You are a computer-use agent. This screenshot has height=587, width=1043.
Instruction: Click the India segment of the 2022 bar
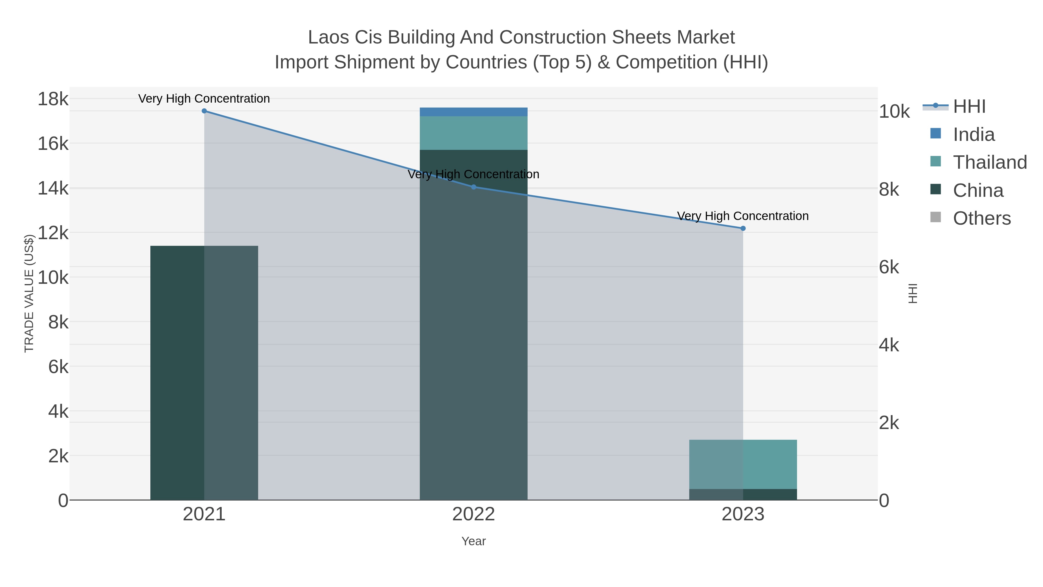tap(473, 112)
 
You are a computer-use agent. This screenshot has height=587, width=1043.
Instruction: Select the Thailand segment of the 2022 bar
tap(473, 133)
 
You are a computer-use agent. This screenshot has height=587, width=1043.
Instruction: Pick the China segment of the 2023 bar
tap(743, 495)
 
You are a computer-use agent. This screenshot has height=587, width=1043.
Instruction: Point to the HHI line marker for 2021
tap(204, 111)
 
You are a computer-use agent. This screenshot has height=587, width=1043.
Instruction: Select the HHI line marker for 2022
tap(473, 187)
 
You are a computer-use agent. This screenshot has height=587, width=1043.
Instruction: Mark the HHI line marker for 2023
tap(743, 228)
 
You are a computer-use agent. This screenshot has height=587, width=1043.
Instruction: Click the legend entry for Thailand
tap(990, 162)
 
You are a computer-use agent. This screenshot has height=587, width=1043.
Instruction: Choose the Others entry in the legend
tap(982, 218)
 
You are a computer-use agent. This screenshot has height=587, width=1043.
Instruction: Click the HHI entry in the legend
tap(969, 107)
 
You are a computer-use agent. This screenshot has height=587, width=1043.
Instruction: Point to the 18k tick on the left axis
tap(53, 99)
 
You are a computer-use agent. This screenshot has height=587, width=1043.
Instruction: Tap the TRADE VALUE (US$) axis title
tap(29, 293)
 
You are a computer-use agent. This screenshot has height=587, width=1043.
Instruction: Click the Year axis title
tap(473, 541)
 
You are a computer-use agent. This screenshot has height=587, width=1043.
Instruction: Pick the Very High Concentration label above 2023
tap(743, 216)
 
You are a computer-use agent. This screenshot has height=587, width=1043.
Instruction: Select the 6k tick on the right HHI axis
tap(889, 267)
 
